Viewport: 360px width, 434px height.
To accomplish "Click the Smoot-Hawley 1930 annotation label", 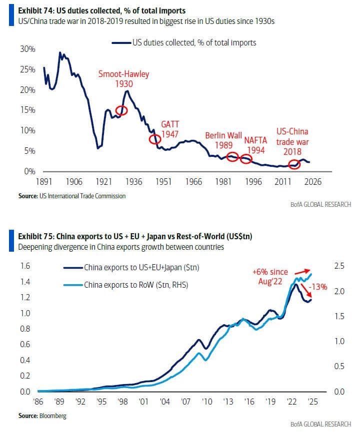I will [x=123, y=79].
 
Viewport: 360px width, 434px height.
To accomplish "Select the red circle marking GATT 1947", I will [x=155, y=138].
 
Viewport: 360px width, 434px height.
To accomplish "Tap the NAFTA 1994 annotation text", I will [x=255, y=145].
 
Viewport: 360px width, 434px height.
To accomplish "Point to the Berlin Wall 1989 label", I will [x=223, y=140].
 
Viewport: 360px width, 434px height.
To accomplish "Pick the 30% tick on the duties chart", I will [x=27, y=49].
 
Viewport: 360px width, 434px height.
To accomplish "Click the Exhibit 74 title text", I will [x=94, y=9].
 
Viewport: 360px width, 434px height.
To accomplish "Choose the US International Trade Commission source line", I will [x=72, y=196].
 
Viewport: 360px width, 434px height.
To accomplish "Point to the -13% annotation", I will [x=318, y=287].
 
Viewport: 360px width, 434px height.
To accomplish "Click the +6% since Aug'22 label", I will [x=270, y=276].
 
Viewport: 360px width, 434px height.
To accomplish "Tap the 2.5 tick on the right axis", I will [x=339, y=266].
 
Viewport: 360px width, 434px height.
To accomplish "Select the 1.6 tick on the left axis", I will [x=24, y=266].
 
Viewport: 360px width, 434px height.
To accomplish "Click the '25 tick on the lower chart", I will [x=312, y=402].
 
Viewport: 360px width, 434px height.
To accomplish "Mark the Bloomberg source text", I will [x=42, y=416].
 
